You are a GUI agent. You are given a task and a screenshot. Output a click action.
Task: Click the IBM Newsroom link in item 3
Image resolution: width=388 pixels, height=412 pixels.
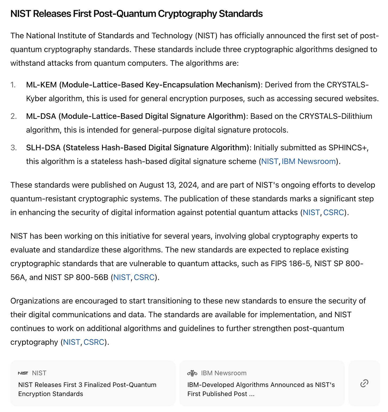point(309,161)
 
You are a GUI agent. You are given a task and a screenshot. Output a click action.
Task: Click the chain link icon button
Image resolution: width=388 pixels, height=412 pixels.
point(364,383)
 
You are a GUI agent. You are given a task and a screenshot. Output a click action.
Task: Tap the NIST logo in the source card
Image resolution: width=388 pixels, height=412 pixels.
point(23,373)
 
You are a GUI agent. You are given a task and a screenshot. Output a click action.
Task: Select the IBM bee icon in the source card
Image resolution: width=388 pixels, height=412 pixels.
point(192,373)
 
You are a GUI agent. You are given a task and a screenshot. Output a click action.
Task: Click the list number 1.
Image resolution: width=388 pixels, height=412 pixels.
point(13,85)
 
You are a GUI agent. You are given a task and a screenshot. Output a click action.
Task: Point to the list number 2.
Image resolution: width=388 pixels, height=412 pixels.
point(14,116)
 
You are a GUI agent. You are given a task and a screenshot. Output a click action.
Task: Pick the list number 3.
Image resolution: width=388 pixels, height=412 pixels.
point(14,148)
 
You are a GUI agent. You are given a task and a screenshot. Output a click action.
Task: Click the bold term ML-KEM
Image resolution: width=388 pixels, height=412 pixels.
point(41,85)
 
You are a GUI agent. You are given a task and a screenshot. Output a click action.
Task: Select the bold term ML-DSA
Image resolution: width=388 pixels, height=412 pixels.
point(41,116)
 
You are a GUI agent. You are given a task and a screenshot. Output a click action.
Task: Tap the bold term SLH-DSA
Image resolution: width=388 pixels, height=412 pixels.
point(43,148)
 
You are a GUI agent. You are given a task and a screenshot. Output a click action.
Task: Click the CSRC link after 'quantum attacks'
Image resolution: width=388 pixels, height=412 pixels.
point(333,212)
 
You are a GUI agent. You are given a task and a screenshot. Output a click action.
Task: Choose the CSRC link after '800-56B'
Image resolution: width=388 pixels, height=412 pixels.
point(144,277)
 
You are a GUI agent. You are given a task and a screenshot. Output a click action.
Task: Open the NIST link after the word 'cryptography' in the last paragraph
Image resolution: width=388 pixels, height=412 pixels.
point(71,342)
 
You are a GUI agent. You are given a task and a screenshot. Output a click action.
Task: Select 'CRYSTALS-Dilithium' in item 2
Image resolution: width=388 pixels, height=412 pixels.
point(336,116)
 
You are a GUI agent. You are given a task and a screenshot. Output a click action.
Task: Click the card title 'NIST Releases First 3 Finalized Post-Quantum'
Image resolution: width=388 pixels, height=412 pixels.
point(87,385)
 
